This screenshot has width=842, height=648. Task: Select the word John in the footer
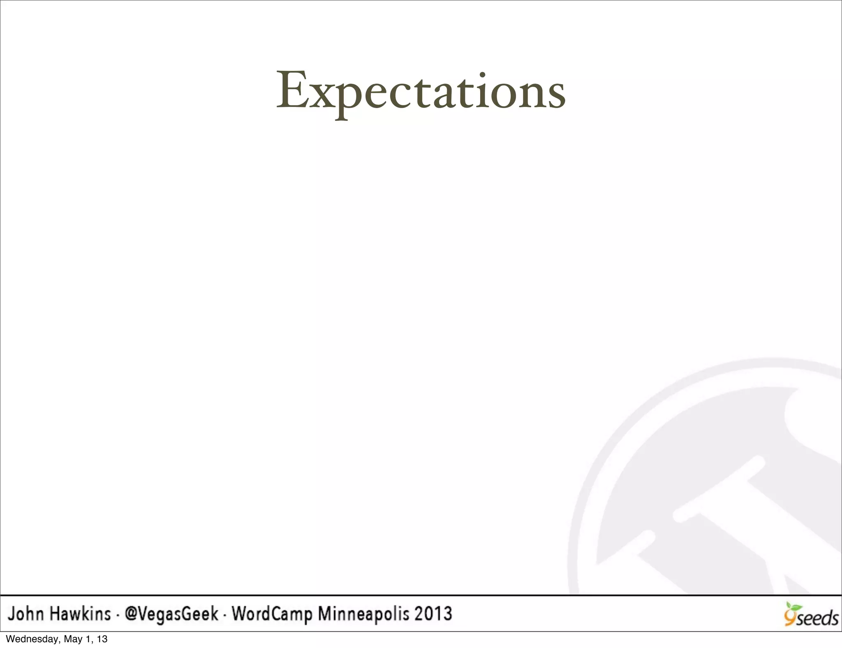click(x=25, y=614)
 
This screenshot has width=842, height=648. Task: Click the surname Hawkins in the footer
click(x=81, y=614)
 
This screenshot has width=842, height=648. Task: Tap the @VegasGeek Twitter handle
click(x=171, y=614)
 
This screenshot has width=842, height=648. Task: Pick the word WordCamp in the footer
click(x=272, y=614)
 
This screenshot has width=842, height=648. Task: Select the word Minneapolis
click(x=364, y=614)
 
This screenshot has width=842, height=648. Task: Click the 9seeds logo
click(x=811, y=615)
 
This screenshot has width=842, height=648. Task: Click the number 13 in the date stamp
click(x=102, y=639)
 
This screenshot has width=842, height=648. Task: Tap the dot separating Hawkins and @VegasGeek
click(x=118, y=616)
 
